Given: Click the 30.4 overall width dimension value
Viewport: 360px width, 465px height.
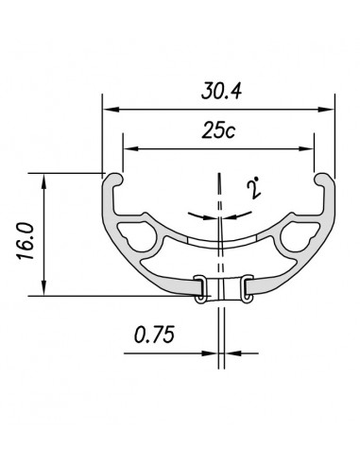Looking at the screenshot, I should click(218, 92).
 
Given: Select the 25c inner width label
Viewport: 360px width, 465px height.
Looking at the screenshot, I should click(218, 131).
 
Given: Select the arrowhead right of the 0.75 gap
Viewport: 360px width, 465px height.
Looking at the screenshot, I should click(231, 356).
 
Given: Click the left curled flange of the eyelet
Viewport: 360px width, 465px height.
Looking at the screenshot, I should click(199, 287).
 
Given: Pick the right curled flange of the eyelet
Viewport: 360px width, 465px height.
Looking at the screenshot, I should click(245, 287).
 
